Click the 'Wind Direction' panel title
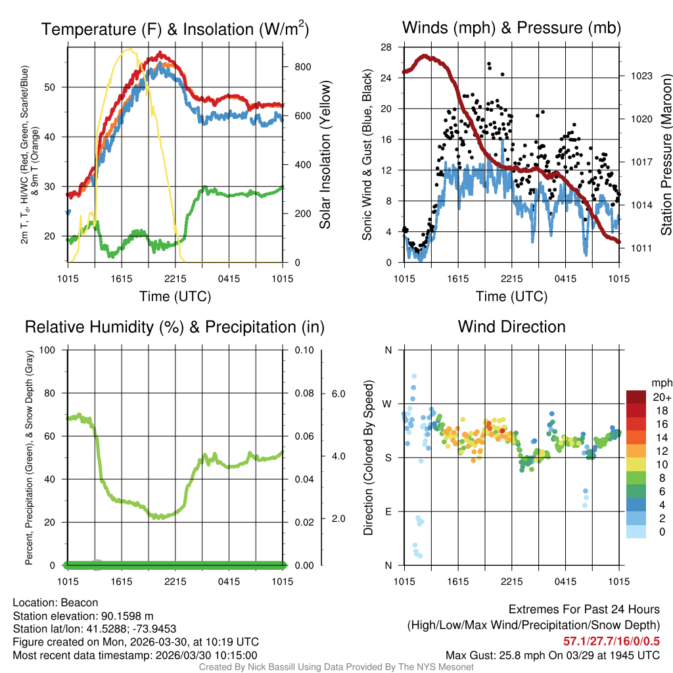511,327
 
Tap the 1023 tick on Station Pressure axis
640,76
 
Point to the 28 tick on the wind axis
386,47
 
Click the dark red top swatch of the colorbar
636,397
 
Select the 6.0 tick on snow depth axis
336,394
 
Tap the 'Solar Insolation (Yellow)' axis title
325,155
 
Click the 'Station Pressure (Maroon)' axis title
666,155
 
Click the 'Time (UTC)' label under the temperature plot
175,296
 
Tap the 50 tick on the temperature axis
53,87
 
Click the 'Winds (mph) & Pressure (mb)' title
511,28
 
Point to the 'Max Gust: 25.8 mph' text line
552,655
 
